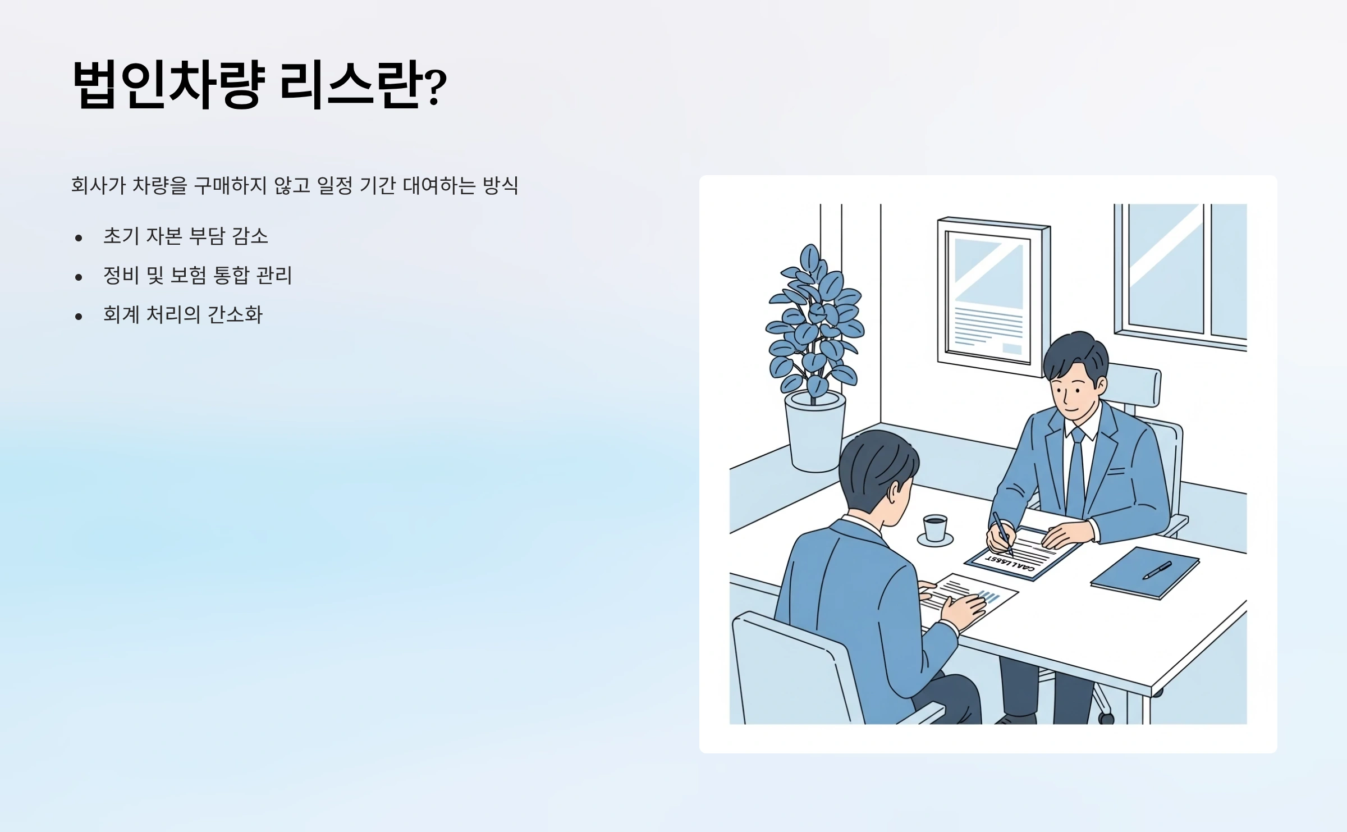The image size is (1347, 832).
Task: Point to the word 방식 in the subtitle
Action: click(500, 185)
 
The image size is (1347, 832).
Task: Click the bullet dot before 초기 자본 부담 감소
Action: click(79, 238)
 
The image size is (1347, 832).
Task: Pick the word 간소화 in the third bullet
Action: click(235, 314)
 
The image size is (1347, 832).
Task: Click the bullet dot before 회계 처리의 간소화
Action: click(79, 317)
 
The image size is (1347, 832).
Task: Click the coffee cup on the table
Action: click(935, 529)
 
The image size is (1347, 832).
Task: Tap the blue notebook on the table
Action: click(1145, 572)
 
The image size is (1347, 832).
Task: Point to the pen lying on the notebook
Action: click(1157, 570)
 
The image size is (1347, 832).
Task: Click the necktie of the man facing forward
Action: click(1076, 472)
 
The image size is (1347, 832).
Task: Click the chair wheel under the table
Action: click(1106, 717)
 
